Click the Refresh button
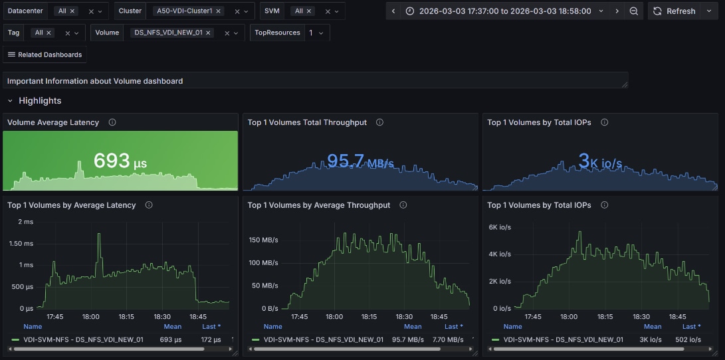(x=674, y=11)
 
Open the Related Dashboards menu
(x=45, y=54)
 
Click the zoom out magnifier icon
(x=634, y=11)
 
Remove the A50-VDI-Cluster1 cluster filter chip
(x=218, y=11)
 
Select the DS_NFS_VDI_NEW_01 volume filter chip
(x=168, y=33)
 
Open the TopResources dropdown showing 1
(x=316, y=33)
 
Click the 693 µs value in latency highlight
(x=120, y=161)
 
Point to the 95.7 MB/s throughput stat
(x=360, y=161)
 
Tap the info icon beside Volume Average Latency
(x=112, y=122)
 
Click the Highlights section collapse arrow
(x=10, y=101)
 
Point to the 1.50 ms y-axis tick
(x=22, y=244)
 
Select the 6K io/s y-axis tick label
(x=499, y=227)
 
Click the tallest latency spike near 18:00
(x=99, y=234)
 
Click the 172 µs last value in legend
(x=211, y=339)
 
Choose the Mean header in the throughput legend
(x=413, y=327)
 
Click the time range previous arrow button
(x=393, y=11)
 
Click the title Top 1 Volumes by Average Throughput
(x=318, y=205)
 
